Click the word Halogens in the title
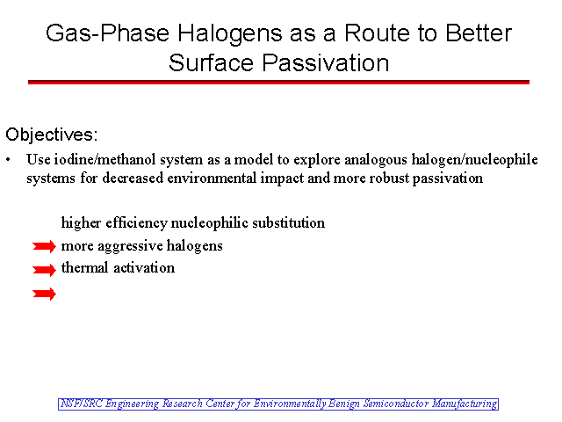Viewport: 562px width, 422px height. pyautogui.click(x=230, y=33)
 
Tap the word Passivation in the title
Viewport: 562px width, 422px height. pyautogui.click(x=326, y=63)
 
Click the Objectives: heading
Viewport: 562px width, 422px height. pyautogui.click(x=51, y=135)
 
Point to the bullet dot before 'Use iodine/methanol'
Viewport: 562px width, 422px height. pyautogui.click(x=8, y=160)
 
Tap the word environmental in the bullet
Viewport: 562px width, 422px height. pyautogui.click(x=212, y=178)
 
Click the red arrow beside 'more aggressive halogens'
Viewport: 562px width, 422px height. pyautogui.click(x=44, y=246)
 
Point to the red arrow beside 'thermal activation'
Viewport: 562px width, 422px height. pyautogui.click(x=44, y=270)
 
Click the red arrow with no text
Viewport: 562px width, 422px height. pyautogui.click(x=44, y=294)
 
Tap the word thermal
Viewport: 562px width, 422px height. pyautogui.click(x=84, y=267)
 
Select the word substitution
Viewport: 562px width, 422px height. pyautogui.click(x=289, y=222)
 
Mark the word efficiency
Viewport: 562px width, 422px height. pyautogui.click(x=136, y=222)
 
